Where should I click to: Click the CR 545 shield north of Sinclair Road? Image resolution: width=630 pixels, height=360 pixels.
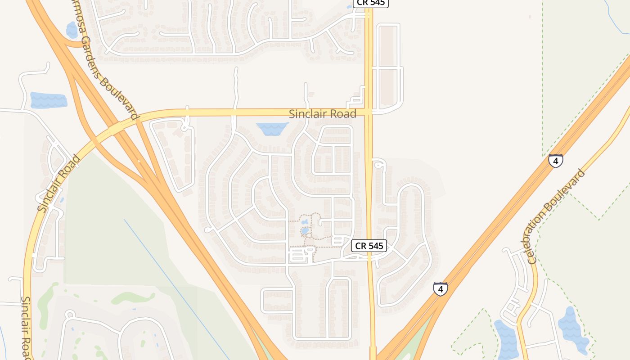pos(370,3)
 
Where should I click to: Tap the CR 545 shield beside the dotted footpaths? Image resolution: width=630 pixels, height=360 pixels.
pos(369,246)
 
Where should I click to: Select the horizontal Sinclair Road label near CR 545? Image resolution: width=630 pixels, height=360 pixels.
pos(322,114)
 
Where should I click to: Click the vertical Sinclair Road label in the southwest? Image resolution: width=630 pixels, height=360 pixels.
pos(27,327)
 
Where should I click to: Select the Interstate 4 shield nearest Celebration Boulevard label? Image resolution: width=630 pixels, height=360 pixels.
pos(556,161)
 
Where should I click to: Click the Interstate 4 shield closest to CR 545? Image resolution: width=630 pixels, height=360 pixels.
pos(441,288)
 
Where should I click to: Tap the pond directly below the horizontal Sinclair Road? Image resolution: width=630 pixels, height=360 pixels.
pos(272,129)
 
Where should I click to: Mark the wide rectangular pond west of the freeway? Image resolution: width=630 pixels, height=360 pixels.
pos(49,100)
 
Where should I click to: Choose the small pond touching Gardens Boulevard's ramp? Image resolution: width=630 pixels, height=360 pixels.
pos(72,30)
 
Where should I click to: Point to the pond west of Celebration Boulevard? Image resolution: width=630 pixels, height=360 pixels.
pos(506,338)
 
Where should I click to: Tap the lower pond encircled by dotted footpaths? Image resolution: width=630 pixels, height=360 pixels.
pos(305,231)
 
